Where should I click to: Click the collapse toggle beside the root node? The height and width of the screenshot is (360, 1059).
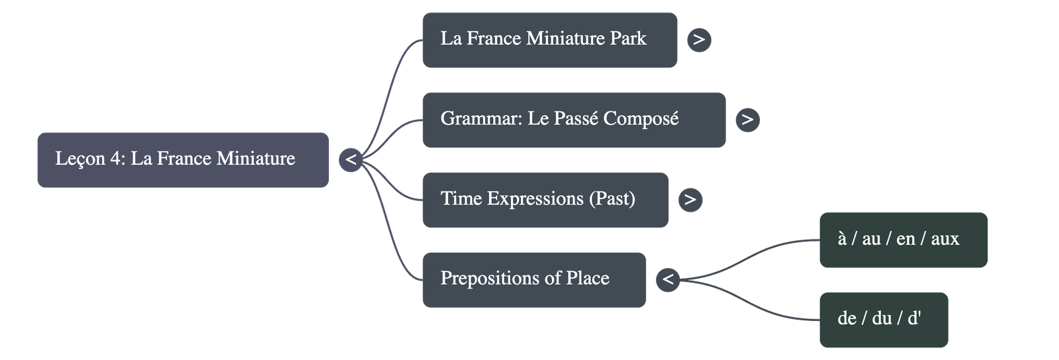click(351, 159)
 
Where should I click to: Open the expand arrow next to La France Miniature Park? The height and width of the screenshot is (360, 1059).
click(699, 40)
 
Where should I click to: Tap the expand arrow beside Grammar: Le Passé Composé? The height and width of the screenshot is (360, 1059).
click(747, 120)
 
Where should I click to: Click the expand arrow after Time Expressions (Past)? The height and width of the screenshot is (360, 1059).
click(690, 199)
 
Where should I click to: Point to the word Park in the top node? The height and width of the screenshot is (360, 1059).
click(628, 38)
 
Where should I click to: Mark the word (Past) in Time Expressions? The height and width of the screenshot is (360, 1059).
click(612, 199)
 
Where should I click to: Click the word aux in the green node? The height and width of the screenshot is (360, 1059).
click(944, 239)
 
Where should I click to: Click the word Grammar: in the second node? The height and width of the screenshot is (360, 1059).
click(481, 119)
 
